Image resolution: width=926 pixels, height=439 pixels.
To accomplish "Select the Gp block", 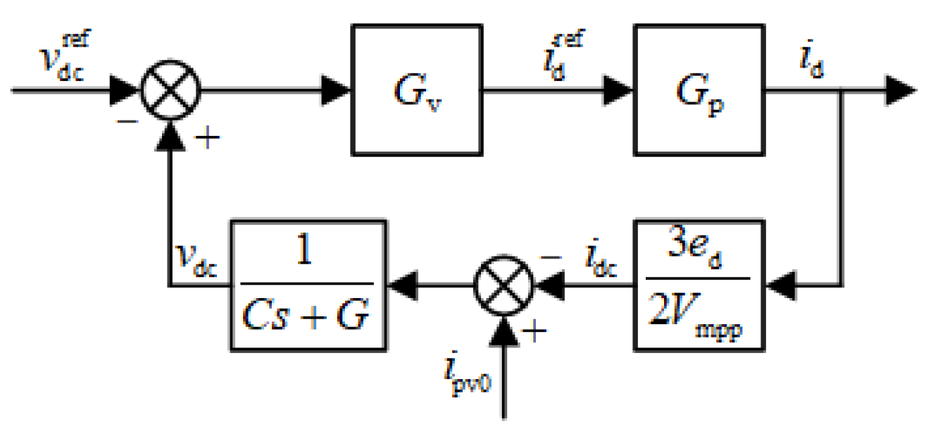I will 699,89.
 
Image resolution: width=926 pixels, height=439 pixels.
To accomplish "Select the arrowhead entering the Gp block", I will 620,90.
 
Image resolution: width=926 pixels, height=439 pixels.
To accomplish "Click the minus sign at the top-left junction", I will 127,120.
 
